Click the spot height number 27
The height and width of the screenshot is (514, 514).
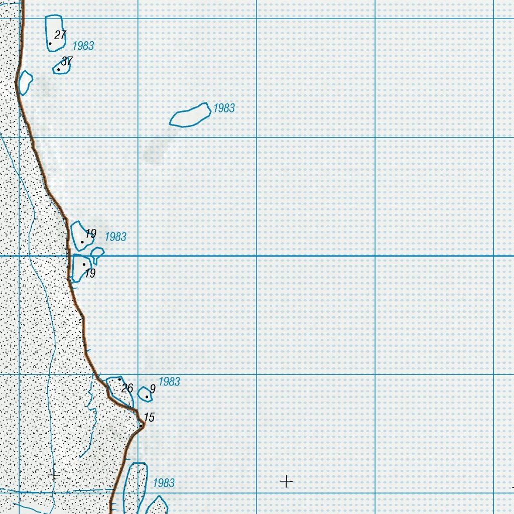coord(60,35)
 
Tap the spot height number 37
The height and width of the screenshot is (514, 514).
coord(67,61)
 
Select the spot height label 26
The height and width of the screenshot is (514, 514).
coord(127,388)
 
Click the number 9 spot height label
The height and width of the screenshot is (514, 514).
coord(153,389)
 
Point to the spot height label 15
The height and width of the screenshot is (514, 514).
coord(149,417)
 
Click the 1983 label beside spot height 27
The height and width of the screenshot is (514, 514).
coord(83,46)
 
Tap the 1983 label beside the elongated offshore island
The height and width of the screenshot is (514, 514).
coord(224,108)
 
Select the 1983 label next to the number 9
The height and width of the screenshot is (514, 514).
coord(169,381)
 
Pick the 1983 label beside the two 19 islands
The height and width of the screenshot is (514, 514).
coord(115,236)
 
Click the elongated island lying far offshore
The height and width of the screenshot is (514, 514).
coord(189,115)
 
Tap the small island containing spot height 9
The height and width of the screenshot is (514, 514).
coord(145,394)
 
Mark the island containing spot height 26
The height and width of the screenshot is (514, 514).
coord(119,390)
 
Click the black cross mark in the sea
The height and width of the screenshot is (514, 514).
coord(286,481)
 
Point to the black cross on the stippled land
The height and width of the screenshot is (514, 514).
coord(54,474)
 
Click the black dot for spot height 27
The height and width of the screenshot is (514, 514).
coord(50,44)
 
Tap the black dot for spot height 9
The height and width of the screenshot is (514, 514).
coord(147,397)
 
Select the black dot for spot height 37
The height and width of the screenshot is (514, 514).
coord(59,69)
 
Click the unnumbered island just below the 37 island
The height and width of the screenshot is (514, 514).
coord(24,82)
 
